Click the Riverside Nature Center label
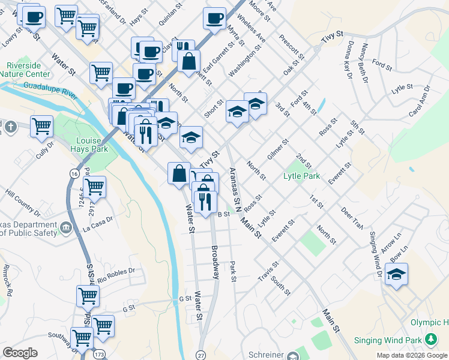click(x=28, y=69)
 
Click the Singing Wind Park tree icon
click(x=430, y=340)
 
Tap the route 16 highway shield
click(x=73, y=173)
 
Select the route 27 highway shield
click(x=200, y=355)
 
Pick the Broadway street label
click(x=214, y=262)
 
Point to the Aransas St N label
click(x=234, y=190)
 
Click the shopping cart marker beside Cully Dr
click(x=41, y=127)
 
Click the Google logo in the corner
click(x=20, y=353)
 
